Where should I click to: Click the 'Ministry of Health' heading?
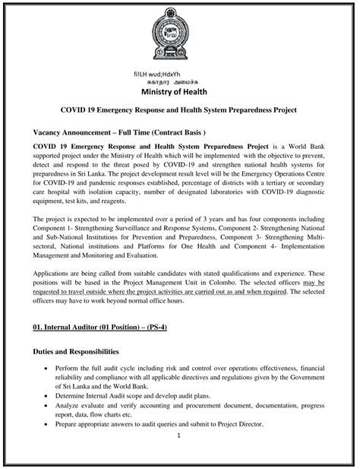tap(179, 93)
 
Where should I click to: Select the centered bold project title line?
tap(179, 110)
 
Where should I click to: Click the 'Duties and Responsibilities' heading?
tap(76, 352)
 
